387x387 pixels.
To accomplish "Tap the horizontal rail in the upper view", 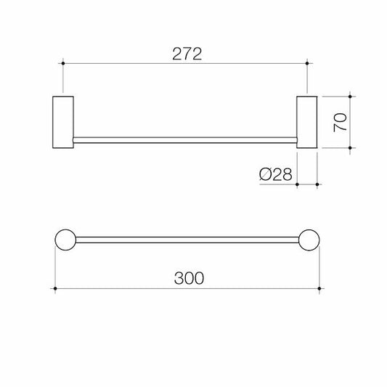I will (186, 139).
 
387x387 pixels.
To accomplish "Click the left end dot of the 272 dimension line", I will (64, 64).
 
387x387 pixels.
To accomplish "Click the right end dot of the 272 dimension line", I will (308, 64).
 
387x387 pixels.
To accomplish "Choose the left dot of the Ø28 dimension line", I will (298, 184).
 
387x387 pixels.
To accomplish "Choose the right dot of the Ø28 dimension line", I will (317, 184).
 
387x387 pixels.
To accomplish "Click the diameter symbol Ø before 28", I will (264, 174).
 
